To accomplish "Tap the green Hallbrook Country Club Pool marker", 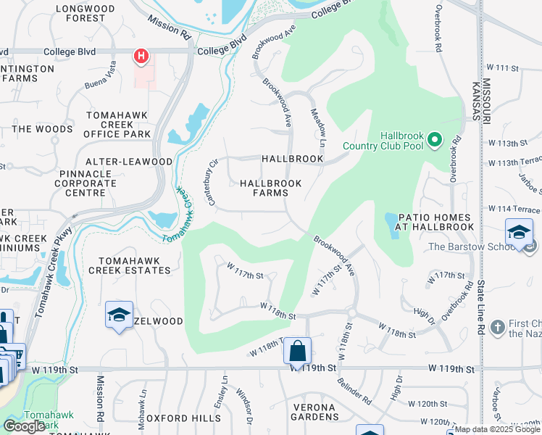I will tap(435, 138).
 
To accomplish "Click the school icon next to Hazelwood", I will tap(119, 315).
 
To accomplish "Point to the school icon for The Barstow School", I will tap(519, 232).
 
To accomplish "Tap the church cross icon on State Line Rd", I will tap(497, 328).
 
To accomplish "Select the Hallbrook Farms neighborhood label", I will tap(270, 188).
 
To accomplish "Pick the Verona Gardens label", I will tap(315, 412).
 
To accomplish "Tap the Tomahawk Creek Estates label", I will tap(129, 265).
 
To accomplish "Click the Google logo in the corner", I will tap(24, 426).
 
